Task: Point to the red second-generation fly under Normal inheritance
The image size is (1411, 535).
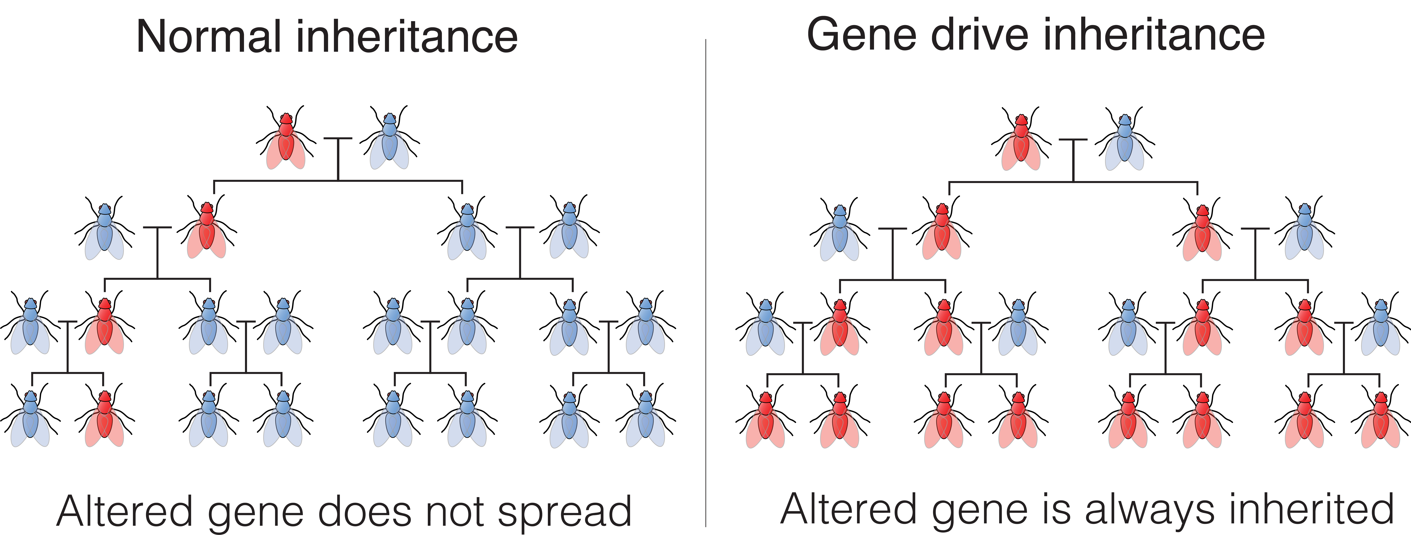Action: (x=207, y=227)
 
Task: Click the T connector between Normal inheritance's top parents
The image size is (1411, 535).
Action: (x=338, y=159)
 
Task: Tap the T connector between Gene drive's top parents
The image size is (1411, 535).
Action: (x=1073, y=160)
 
